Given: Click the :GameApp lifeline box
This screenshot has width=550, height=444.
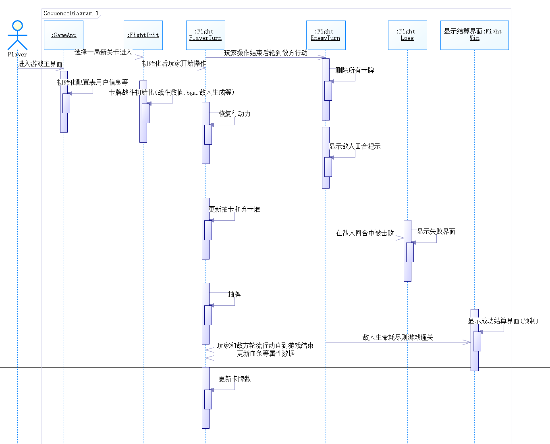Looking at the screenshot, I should (x=64, y=35).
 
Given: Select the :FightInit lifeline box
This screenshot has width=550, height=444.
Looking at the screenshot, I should (x=143, y=35).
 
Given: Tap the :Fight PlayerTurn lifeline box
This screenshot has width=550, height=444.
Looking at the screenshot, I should (x=205, y=35).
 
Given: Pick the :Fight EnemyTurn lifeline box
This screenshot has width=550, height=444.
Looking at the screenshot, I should (x=326, y=35).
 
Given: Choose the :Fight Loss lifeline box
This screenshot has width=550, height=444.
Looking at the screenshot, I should (x=407, y=35).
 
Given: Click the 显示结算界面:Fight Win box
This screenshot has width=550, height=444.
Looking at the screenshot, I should (x=474, y=35).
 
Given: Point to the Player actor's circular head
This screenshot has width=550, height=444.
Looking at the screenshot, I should (x=17, y=26).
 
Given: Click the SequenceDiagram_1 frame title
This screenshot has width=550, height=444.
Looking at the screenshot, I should (x=71, y=13).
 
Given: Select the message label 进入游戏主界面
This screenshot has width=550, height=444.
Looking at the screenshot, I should (x=40, y=64).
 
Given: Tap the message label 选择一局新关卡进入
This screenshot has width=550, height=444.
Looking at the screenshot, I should (x=103, y=52).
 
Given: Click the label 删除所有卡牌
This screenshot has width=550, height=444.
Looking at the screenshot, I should (x=355, y=70).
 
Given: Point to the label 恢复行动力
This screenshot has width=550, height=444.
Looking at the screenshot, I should (x=235, y=114).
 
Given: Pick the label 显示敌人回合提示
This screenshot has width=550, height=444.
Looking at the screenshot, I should (x=355, y=146).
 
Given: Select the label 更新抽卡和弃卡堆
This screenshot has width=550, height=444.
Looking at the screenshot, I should (x=234, y=209).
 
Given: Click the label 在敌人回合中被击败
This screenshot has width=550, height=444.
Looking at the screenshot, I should (x=365, y=233).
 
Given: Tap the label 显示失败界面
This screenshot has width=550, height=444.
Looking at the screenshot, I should (x=436, y=231).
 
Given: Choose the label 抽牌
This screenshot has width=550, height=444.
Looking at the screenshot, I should (x=234, y=294).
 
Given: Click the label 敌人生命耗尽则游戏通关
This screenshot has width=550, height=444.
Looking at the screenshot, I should (x=398, y=337).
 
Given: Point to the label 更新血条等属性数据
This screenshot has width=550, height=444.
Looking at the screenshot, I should (x=266, y=353).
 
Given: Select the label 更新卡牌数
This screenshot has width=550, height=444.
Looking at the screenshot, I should (x=235, y=379).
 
